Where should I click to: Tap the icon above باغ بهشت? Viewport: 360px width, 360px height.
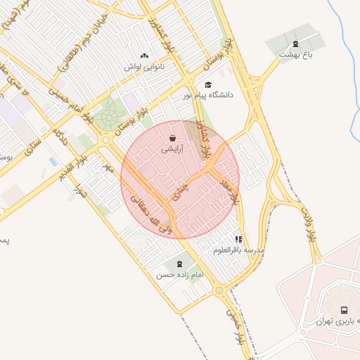click(x=295, y=43)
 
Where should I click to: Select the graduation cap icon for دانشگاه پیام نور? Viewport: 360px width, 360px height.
click(x=207, y=84)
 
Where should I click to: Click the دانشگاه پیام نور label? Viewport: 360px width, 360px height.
click(x=208, y=94)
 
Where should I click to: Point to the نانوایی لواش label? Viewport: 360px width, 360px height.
click(x=144, y=67)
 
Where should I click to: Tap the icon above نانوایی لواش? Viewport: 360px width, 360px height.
click(x=144, y=56)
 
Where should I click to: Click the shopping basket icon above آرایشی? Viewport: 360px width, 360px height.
click(x=174, y=139)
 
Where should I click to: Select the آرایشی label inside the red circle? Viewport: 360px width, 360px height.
click(x=174, y=149)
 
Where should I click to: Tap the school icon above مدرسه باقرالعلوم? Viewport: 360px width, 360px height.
click(x=239, y=239)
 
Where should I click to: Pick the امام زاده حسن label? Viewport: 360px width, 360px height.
click(x=179, y=275)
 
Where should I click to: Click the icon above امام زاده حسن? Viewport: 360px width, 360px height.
click(x=179, y=264)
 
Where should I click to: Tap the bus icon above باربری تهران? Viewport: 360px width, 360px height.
click(x=344, y=310)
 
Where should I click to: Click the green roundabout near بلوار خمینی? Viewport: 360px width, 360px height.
click(x=219, y=290)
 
